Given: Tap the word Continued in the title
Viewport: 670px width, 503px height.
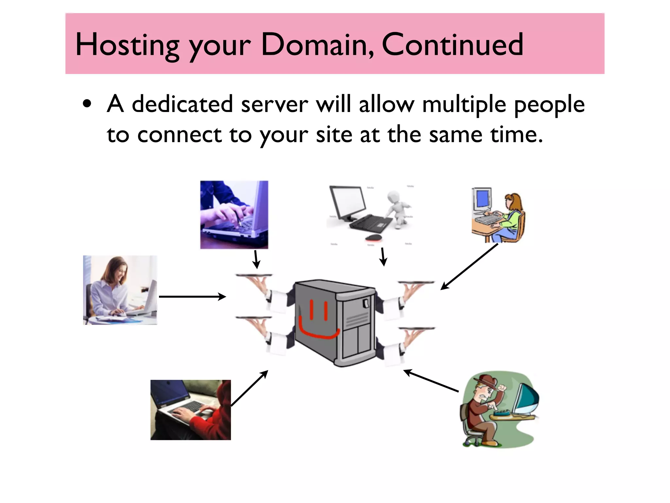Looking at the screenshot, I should pyautogui.click(x=452, y=45).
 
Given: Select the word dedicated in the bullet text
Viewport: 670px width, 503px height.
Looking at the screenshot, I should pyautogui.click(x=182, y=104).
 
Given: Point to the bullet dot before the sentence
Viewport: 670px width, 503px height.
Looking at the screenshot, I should pyautogui.click(x=87, y=104).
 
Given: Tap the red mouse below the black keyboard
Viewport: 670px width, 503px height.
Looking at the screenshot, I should pyautogui.click(x=373, y=237).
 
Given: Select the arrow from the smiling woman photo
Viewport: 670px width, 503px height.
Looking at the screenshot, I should pyautogui.click(x=192, y=297).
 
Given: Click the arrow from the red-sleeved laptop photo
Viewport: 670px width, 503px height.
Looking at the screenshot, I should pyautogui.click(x=250, y=388).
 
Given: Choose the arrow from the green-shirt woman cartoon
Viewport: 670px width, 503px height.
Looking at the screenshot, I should pyautogui.click(x=469, y=267).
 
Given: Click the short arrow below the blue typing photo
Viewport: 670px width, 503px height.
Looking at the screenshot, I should pyautogui.click(x=256, y=259).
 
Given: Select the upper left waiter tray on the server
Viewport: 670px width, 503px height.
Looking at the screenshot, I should pyautogui.click(x=254, y=275).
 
